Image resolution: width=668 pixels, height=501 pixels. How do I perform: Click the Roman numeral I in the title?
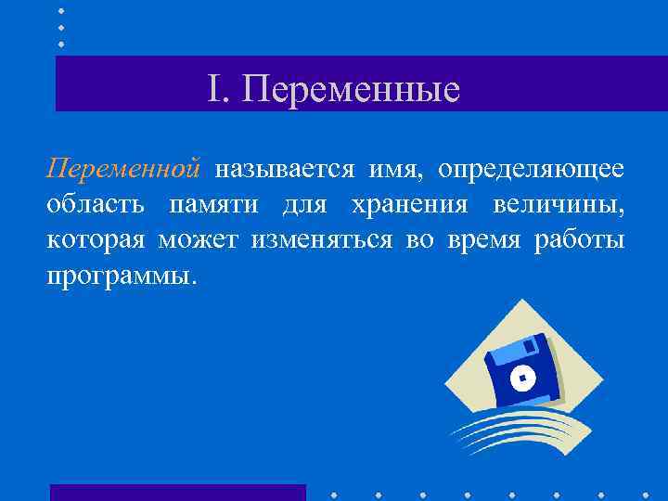[213, 89]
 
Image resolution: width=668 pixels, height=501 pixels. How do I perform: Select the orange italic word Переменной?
[123, 170]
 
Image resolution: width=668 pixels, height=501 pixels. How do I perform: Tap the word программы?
[122, 276]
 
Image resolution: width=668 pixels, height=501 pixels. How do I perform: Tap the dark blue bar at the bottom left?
[177, 492]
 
